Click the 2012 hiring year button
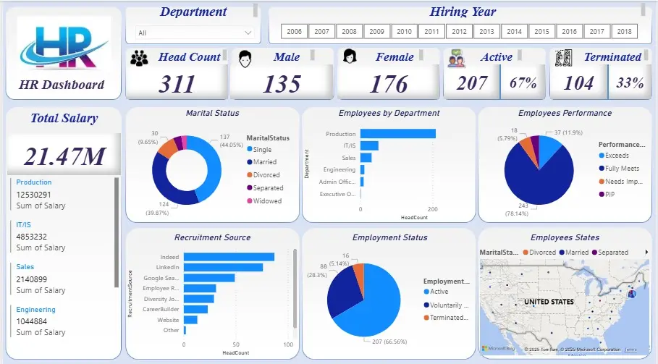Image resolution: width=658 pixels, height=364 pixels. [460, 31]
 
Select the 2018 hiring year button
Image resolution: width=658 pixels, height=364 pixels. [625, 31]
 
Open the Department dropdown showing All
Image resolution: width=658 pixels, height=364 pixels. [196, 33]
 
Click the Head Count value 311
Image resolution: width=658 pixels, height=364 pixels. [177, 84]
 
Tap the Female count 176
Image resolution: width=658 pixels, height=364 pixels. [389, 84]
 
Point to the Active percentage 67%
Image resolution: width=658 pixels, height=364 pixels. [523, 82]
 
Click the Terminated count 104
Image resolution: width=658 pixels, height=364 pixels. [578, 83]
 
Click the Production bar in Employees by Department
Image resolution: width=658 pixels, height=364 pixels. [397, 133]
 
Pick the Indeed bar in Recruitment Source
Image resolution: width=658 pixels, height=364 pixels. [229, 257]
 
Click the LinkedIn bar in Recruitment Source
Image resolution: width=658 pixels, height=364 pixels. [223, 267]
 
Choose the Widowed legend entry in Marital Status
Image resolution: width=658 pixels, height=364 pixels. [267, 201]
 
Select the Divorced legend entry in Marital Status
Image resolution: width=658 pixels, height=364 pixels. [267, 175]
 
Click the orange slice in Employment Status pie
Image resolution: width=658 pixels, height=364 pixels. [356, 273]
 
